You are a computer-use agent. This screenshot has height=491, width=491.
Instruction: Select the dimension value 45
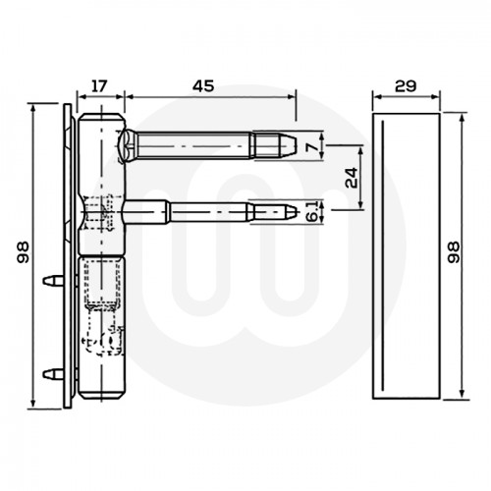pyautogui.click(x=203, y=85)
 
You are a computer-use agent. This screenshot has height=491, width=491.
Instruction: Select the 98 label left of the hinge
pyautogui.click(x=23, y=257)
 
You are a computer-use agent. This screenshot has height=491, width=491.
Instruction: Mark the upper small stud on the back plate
pyautogui.click(x=49, y=281)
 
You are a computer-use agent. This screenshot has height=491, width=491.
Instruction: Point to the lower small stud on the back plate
pyautogui.click(x=49, y=373)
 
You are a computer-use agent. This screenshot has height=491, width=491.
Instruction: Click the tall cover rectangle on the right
pyautogui.click(x=408, y=255)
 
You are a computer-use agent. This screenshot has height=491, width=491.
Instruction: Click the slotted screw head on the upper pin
pyautogui.click(x=133, y=146)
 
